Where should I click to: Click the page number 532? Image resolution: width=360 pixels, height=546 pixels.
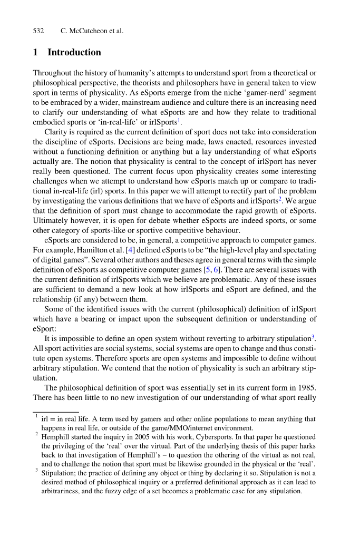38,31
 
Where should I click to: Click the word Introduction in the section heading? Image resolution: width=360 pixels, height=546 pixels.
74,52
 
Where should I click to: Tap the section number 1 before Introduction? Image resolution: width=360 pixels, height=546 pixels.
35,52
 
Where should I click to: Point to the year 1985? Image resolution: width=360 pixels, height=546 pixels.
306,387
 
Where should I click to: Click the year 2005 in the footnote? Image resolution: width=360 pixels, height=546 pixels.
132,437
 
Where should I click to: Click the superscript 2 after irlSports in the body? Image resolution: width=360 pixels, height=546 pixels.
280,199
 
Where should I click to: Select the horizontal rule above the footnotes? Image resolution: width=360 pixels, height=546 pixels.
55,412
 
